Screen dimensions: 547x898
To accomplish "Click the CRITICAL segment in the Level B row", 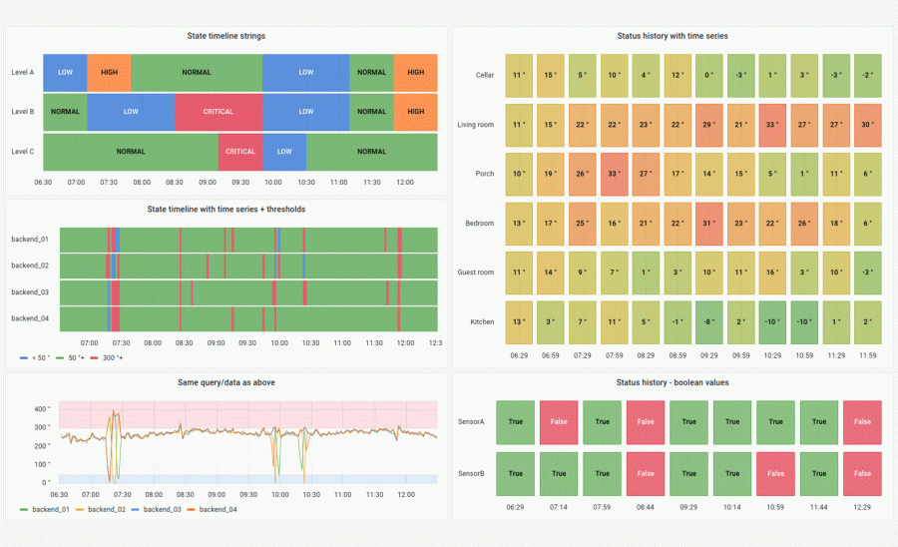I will tap(219, 112).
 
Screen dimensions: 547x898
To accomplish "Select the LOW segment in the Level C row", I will tap(284, 152).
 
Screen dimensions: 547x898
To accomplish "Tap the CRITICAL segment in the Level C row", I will tap(240, 152).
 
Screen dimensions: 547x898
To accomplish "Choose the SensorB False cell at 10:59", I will tap(776, 474).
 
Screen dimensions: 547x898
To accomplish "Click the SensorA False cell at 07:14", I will tap(558, 422).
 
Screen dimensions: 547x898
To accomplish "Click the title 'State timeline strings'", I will tap(225, 36).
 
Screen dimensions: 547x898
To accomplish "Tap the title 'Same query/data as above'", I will tap(225, 382).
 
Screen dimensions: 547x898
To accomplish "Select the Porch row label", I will tap(484, 174).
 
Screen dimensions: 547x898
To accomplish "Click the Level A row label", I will tap(22, 73).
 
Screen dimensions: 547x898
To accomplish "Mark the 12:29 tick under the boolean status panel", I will tap(862, 507).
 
